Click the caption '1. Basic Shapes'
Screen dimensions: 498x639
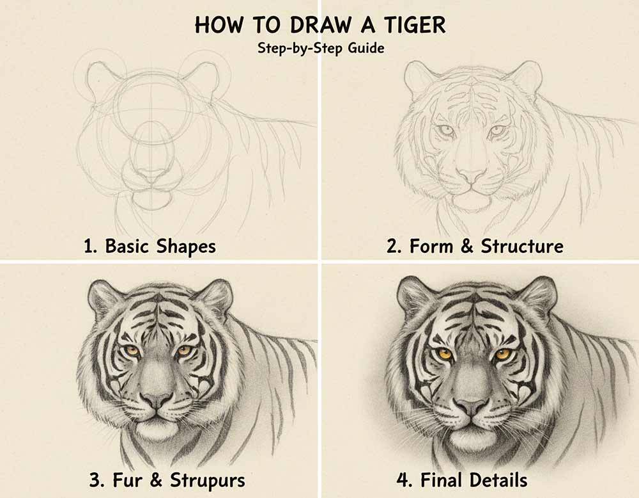tap(150, 246)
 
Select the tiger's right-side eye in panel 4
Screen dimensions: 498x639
tap(502, 353)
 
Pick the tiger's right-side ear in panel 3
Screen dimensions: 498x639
tap(216, 298)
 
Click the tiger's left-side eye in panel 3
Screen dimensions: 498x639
tap(132, 350)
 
